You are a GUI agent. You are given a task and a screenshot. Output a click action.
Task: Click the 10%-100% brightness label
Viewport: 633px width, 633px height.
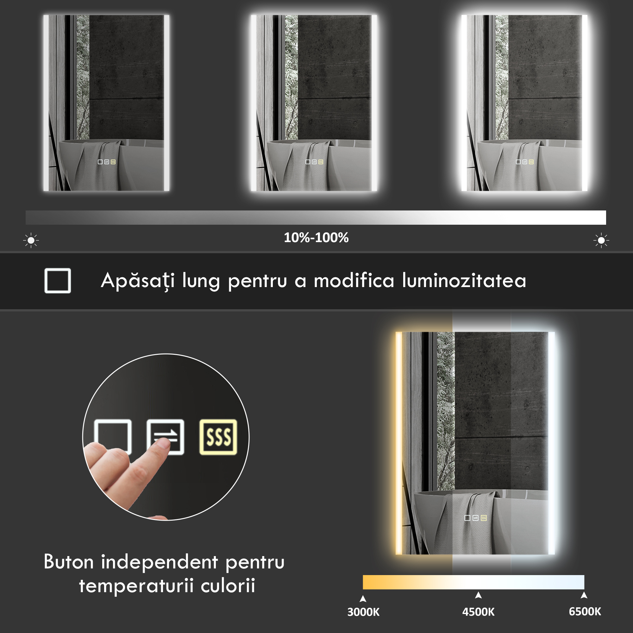(x=316, y=238)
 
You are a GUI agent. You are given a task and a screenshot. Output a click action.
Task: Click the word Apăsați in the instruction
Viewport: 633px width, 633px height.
(x=138, y=281)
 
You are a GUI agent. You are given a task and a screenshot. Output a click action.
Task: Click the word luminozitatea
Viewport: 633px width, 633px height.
(x=464, y=280)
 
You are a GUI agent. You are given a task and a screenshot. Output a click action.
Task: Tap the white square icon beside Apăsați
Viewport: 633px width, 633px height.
(x=58, y=281)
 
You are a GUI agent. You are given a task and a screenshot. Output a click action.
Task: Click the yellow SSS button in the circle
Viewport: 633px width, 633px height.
(x=218, y=437)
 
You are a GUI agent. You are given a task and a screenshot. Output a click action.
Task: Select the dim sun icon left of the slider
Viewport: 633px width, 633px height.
(x=31, y=241)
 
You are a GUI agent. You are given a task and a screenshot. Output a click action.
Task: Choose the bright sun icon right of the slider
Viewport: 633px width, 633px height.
(x=601, y=241)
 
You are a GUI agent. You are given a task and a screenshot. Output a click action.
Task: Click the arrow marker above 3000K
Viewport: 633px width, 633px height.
(x=363, y=599)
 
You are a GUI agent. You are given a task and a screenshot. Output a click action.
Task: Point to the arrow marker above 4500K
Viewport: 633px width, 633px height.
(x=478, y=595)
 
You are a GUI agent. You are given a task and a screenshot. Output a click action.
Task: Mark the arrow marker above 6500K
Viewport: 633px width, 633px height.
(x=584, y=595)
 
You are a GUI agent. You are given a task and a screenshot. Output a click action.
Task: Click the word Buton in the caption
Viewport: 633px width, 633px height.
(x=69, y=562)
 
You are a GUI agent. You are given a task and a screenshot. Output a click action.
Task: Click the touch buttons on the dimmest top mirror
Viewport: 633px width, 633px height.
(x=107, y=162)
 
